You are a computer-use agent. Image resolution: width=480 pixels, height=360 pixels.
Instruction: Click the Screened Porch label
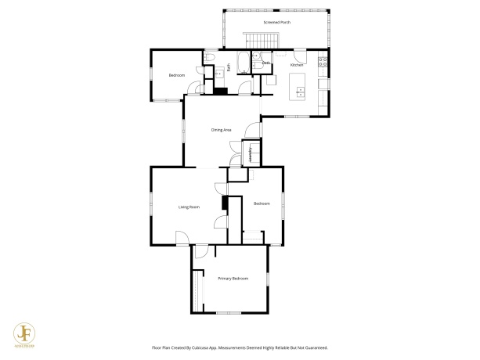[276, 23]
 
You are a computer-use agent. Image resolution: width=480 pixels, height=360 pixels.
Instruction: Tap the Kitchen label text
[297, 64]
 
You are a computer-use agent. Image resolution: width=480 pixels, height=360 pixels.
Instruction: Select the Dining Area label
[222, 129]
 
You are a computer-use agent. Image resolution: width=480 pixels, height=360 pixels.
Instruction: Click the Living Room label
[189, 207]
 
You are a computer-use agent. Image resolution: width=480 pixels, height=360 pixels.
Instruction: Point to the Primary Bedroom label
[233, 279]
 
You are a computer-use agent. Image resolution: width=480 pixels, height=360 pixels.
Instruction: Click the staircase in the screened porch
[253, 40]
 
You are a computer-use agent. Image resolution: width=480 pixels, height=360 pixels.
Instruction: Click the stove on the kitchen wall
[322, 63]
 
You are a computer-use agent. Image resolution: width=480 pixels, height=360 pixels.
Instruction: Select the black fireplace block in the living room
[224, 203]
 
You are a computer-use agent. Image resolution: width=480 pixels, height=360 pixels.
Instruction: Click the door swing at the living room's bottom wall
[182, 239]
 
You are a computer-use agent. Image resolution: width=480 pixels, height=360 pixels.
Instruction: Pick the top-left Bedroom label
[177, 75]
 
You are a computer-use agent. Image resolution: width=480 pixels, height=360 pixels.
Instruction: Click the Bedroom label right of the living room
[262, 203]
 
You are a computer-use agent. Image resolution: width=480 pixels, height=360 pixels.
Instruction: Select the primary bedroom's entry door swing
[201, 251]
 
